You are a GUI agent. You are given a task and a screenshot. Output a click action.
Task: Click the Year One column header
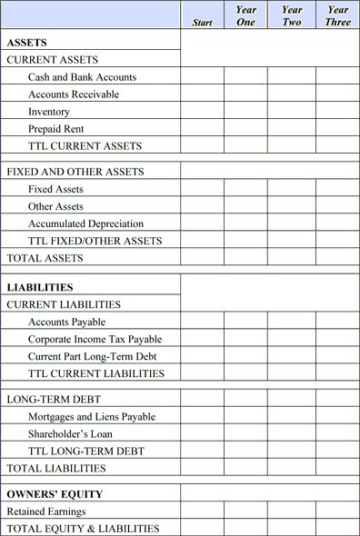[x=245, y=15]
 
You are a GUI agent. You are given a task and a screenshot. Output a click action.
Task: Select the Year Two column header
[x=292, y=15]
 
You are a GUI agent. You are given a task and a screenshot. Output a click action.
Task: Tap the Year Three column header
[x=337, y=15]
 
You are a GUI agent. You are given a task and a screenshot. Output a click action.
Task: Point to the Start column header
[x=203, y=23]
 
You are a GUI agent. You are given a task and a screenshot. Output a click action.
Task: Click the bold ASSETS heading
[x=27, y=43]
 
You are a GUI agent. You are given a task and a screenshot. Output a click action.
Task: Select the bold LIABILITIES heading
[x=40, y=288]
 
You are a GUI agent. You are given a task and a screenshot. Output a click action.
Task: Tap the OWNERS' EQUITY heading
[x=55, y=494]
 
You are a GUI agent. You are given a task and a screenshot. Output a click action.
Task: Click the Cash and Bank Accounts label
[x=82, y=77]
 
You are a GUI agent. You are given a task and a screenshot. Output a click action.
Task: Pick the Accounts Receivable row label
[x=74, y=94]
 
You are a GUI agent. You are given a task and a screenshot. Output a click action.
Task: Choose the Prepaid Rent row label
[x=56, y=129]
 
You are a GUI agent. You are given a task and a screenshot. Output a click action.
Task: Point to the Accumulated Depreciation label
[x=85, y=223]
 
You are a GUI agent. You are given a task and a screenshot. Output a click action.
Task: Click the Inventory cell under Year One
[x=245, y=112]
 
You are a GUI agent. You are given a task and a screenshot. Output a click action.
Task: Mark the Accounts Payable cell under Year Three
[x=337, y=322]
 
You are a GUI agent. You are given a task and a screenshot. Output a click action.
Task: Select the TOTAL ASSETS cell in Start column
[x=203, y=258]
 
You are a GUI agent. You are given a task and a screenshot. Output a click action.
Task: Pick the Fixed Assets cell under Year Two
[x=292, y=189]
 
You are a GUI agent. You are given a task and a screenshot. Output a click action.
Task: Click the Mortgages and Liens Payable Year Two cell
[x=292, y=416]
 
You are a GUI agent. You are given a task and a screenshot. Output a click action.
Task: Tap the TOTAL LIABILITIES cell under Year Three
[x=337, y=468]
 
